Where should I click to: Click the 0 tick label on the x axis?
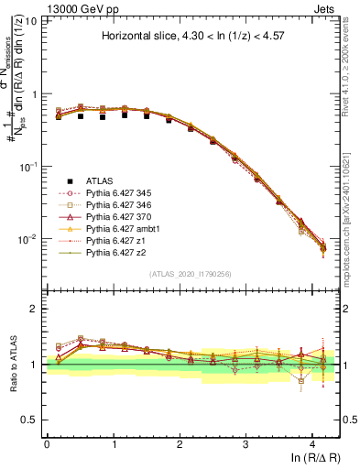47,443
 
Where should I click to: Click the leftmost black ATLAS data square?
59,116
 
